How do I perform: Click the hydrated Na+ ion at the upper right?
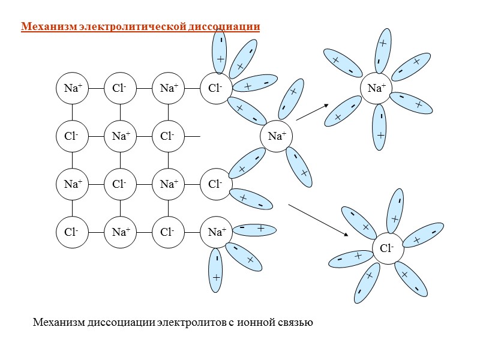(376, 88)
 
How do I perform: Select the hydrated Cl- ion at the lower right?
(388, 247)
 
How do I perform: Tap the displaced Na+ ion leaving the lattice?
(276, 136)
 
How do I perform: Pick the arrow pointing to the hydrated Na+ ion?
(313, 112)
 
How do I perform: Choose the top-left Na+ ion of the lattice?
(73, 88)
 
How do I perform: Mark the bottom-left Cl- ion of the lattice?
(73, 232)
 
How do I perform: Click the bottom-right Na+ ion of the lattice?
(216, 232)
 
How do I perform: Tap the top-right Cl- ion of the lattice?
(216, 88)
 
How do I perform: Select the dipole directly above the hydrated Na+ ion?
(382, 50)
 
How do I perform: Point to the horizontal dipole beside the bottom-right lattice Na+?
(252, 229)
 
